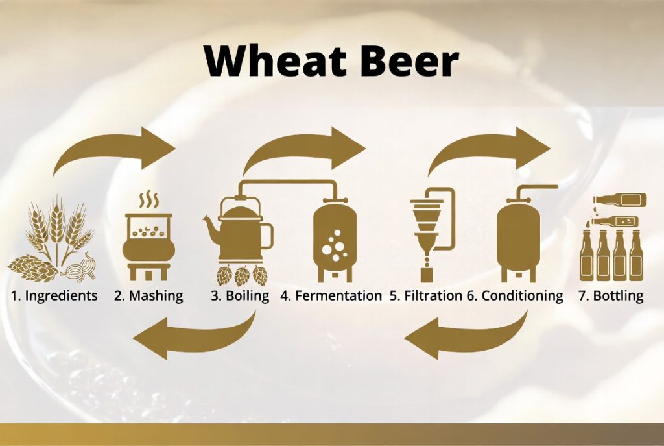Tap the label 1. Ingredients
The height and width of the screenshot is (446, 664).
pos(54,296)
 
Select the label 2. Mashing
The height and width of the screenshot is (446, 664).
pos(148,296)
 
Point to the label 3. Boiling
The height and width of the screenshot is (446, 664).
pos(240,296)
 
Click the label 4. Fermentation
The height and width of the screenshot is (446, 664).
pos(331,295)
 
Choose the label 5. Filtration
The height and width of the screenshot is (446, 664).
pos(425,295)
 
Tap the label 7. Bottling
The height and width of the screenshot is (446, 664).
pos(611,296)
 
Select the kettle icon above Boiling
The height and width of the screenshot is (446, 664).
pos(239,231)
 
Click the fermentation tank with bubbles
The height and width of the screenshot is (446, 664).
pos(335,240)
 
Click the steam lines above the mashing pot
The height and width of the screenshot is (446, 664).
pos(148,201)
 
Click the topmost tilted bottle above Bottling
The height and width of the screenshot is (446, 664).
pos(621,200)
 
